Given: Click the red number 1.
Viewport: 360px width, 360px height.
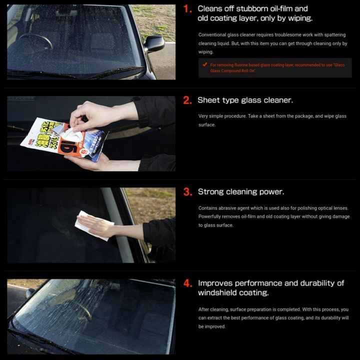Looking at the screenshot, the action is (x=187, y=9).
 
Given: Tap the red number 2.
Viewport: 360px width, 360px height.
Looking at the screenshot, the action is (x=187, y=100).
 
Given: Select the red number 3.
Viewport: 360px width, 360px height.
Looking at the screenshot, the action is (x=187, y=192).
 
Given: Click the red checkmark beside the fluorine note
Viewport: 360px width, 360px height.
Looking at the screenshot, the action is (x=205, y=64).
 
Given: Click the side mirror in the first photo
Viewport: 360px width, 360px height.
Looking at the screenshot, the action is (x=154, y=43).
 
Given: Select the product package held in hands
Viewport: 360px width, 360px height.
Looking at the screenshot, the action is (x=64, y=139).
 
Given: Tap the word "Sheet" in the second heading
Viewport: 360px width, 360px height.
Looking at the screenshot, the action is (x=206, y=100).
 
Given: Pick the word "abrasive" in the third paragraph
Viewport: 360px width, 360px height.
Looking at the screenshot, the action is (x=228, y=208).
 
